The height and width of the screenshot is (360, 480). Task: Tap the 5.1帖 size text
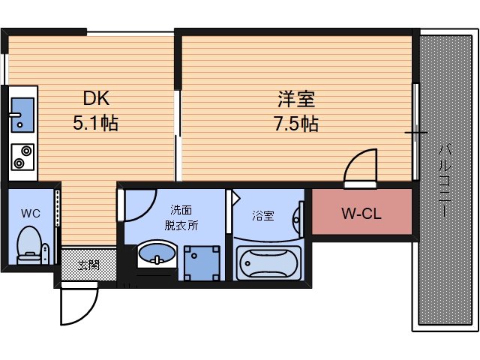tap(94, 122)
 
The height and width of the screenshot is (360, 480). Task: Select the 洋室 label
tap(295, 99)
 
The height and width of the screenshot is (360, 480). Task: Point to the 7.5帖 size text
tap(295, 123)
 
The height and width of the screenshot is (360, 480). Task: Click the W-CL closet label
tap(361, 214)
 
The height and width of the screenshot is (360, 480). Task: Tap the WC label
tap(31, 211)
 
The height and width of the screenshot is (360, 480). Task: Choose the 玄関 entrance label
tap(88, 264)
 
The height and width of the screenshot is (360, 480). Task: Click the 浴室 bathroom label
tap(262, 216)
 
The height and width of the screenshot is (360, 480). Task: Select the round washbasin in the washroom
tap(157, 254)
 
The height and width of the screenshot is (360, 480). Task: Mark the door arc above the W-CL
tap(362, 165)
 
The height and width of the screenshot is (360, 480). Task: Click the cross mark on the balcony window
tap(415, 133)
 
